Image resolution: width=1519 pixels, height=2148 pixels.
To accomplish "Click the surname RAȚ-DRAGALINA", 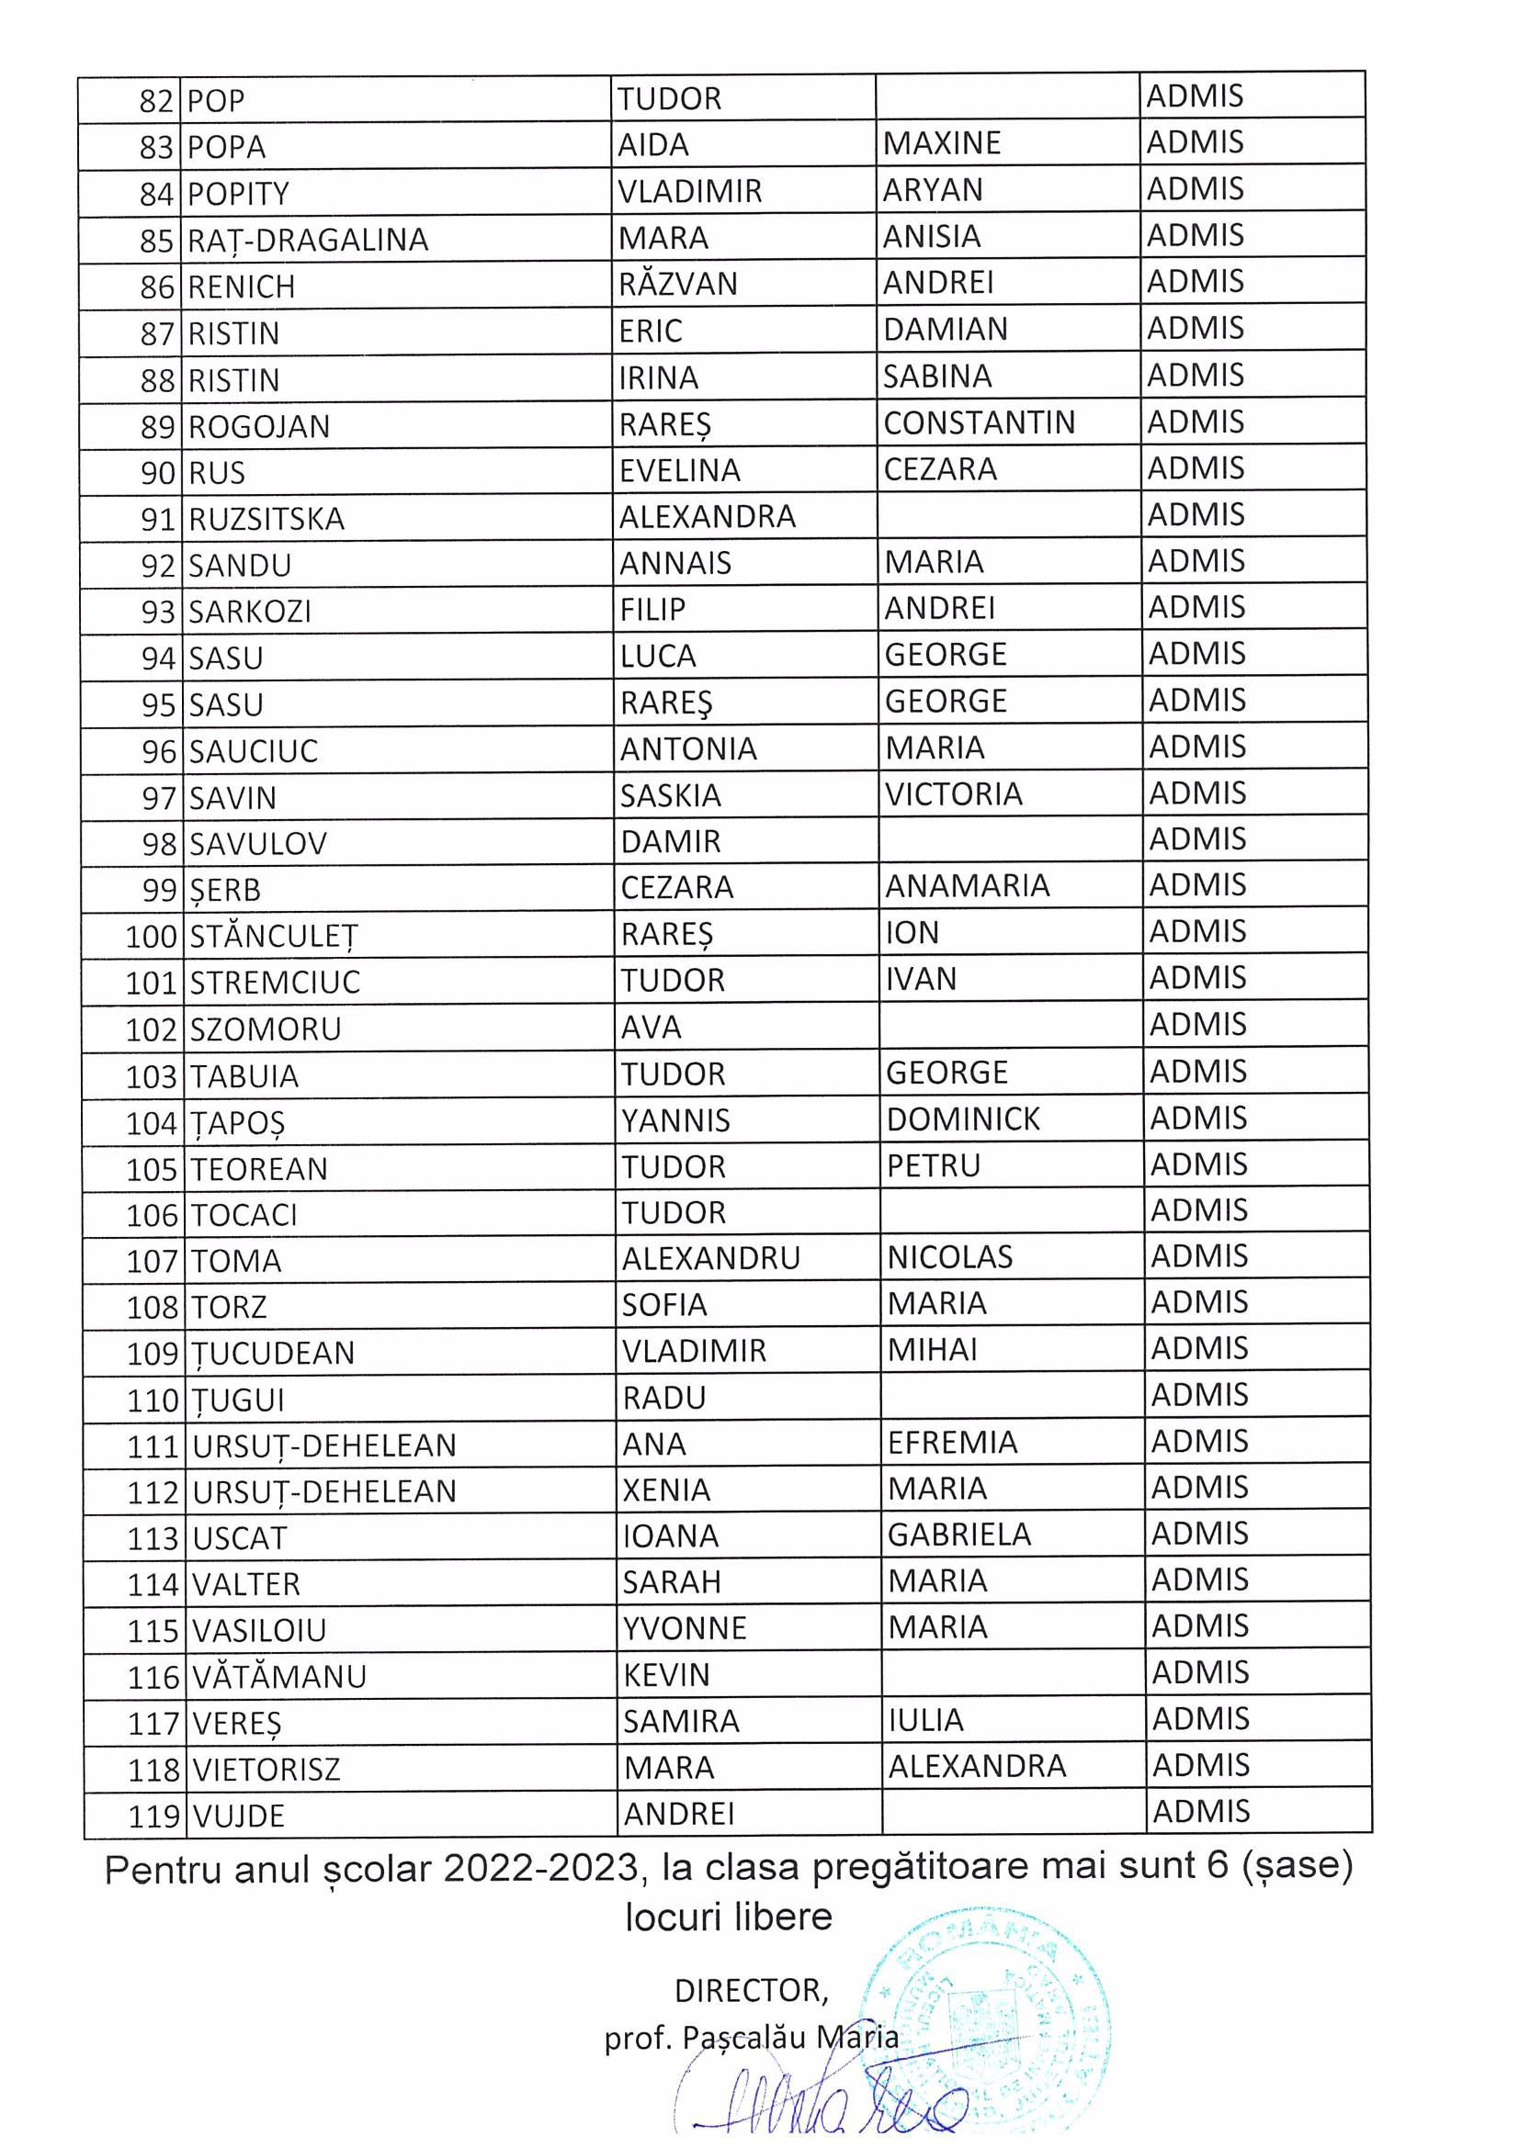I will [308, 241].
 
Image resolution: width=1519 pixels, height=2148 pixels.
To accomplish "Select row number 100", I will [151, 937].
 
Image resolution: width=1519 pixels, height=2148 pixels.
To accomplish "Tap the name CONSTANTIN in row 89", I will [979, 422].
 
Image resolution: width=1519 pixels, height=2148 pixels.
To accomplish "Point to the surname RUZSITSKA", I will [266, 519].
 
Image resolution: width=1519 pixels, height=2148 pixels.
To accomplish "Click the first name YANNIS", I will [675, 1119].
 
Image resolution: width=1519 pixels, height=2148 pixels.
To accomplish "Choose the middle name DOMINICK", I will [963, 1119].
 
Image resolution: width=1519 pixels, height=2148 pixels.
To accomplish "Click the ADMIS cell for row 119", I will [1201, 1811].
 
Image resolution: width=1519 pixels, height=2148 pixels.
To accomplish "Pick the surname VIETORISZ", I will [266, 1769].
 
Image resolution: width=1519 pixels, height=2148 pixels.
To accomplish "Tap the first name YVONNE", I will [686, 1629].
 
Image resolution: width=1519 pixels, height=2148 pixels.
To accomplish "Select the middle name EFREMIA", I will [952, 1443].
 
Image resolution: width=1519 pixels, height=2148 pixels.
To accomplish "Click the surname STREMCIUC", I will [275, 983].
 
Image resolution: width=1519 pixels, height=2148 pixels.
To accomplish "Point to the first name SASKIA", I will [670, 795].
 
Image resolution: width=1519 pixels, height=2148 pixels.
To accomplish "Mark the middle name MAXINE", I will [942, 143].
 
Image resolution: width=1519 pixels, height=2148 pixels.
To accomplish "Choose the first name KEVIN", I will [666, 1675].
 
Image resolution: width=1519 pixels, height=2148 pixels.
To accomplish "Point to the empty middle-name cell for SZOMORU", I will [1010, 1027].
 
